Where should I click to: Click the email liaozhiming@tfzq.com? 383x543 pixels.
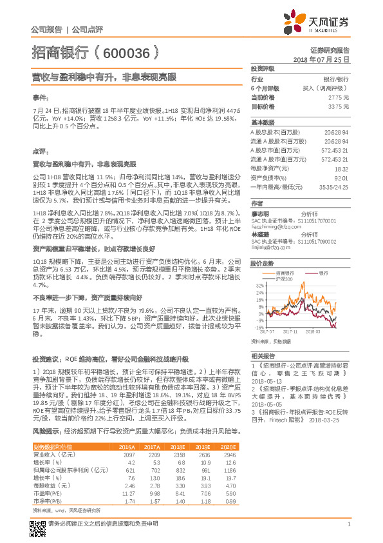point(275,228)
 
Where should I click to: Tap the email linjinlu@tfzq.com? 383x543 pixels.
point(271,246)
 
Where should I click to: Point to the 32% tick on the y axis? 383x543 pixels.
point(259,284)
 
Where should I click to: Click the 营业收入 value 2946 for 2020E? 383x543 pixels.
point(230,455)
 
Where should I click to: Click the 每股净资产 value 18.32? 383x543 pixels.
point(341,168)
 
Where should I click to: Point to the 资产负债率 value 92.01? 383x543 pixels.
point(341,177)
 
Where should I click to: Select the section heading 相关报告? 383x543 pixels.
point(263,356)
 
